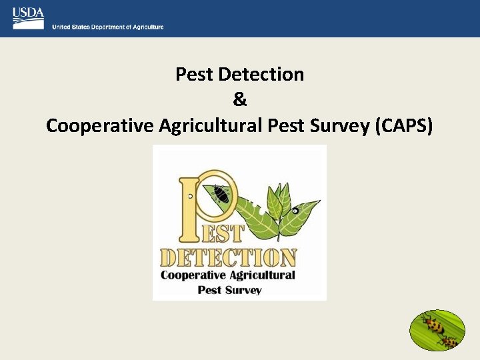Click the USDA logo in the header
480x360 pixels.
pos(28,18)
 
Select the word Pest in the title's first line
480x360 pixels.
pos(193,74)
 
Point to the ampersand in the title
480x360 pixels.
pos(240,99)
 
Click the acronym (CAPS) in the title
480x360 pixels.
pos(404,125)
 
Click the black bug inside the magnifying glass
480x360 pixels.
pos(221,195)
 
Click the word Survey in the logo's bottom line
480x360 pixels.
pos(244,290)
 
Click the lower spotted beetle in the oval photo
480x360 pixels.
pos(450,342)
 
